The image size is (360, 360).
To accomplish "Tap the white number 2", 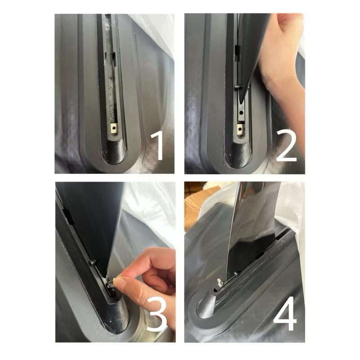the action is click(286, 146).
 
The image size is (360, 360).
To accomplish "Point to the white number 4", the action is click(285, 313).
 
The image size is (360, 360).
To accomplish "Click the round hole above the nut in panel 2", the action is click(241, 113).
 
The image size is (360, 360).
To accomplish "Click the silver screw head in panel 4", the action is click(220, 283).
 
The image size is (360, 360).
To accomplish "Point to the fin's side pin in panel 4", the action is click(236, 274).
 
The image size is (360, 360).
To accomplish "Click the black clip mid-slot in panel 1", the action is click(110, 55).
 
